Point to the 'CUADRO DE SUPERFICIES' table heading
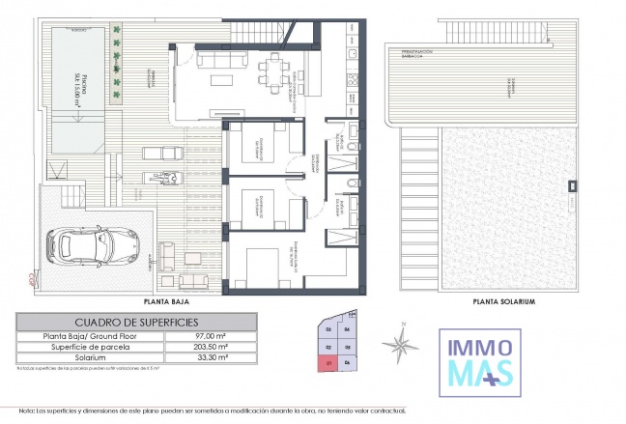136,322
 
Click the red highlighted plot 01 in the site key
329,363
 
